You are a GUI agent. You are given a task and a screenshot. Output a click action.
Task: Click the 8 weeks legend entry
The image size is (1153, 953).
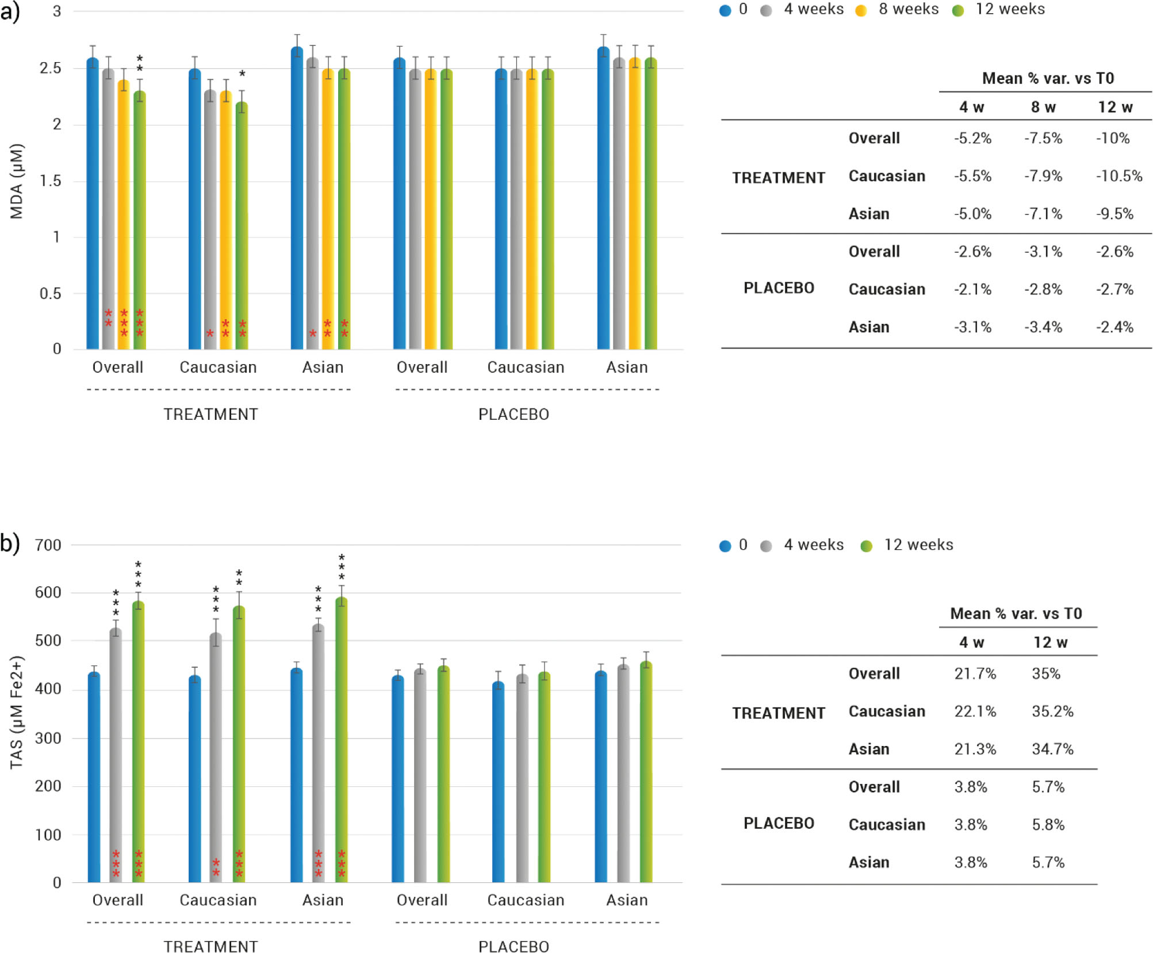[907, 10]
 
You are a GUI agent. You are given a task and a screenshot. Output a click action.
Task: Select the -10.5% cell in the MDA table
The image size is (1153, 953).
[1118, 176]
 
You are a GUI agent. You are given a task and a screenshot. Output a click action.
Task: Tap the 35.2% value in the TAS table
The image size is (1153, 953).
[1052, 711]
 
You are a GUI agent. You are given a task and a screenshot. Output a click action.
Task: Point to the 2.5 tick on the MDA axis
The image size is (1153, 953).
[50, 68]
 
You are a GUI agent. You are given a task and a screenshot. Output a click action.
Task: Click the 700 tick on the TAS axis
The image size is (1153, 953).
[48, 545]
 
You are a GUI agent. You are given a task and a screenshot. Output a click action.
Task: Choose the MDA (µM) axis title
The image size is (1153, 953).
[17, 181]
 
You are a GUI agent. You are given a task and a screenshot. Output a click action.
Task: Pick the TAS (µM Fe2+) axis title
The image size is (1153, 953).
[17, 712]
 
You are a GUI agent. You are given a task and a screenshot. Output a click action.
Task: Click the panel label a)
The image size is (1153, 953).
[10, 12]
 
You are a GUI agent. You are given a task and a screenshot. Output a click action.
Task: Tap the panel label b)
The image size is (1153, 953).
[10, 543]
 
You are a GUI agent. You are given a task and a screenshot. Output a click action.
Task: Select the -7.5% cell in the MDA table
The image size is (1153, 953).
[1043, 139]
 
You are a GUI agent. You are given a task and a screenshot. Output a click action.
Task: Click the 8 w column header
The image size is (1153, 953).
[1043, 108]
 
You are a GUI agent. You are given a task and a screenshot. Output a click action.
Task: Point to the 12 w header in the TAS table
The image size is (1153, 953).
[1050, 642]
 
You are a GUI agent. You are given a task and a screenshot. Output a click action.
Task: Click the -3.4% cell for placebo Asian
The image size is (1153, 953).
[1043, 327]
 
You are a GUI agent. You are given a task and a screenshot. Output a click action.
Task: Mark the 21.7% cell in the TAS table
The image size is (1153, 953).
[975, 673]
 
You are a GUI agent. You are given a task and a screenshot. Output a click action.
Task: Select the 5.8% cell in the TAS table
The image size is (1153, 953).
[1048, 825]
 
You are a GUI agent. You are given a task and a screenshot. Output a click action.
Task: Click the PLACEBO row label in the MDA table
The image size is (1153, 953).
[779, 288]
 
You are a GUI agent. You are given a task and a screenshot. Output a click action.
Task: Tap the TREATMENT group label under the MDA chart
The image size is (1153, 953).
[210, 415]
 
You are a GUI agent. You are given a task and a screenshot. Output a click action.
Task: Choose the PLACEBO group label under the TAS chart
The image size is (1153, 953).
[514, 946]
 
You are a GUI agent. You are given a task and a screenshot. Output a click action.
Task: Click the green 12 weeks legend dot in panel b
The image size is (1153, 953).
[866, 546]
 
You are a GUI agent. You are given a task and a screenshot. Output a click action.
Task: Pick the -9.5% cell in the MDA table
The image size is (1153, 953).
[1114, 214]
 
